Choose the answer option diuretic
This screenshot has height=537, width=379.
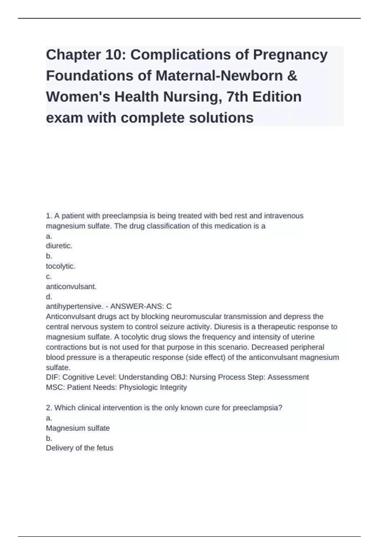tap(59, 246)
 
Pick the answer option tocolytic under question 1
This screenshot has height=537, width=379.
tap(61, 266)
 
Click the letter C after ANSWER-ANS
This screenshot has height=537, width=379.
tap(169, 306)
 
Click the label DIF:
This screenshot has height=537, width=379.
tap(53, 377)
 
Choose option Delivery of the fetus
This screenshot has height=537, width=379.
tap(80, 448)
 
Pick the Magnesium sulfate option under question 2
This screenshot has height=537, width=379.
tap(78, 428)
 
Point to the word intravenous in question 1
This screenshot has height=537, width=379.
tap(284, 216)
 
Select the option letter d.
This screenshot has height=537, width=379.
tap(49, 297)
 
